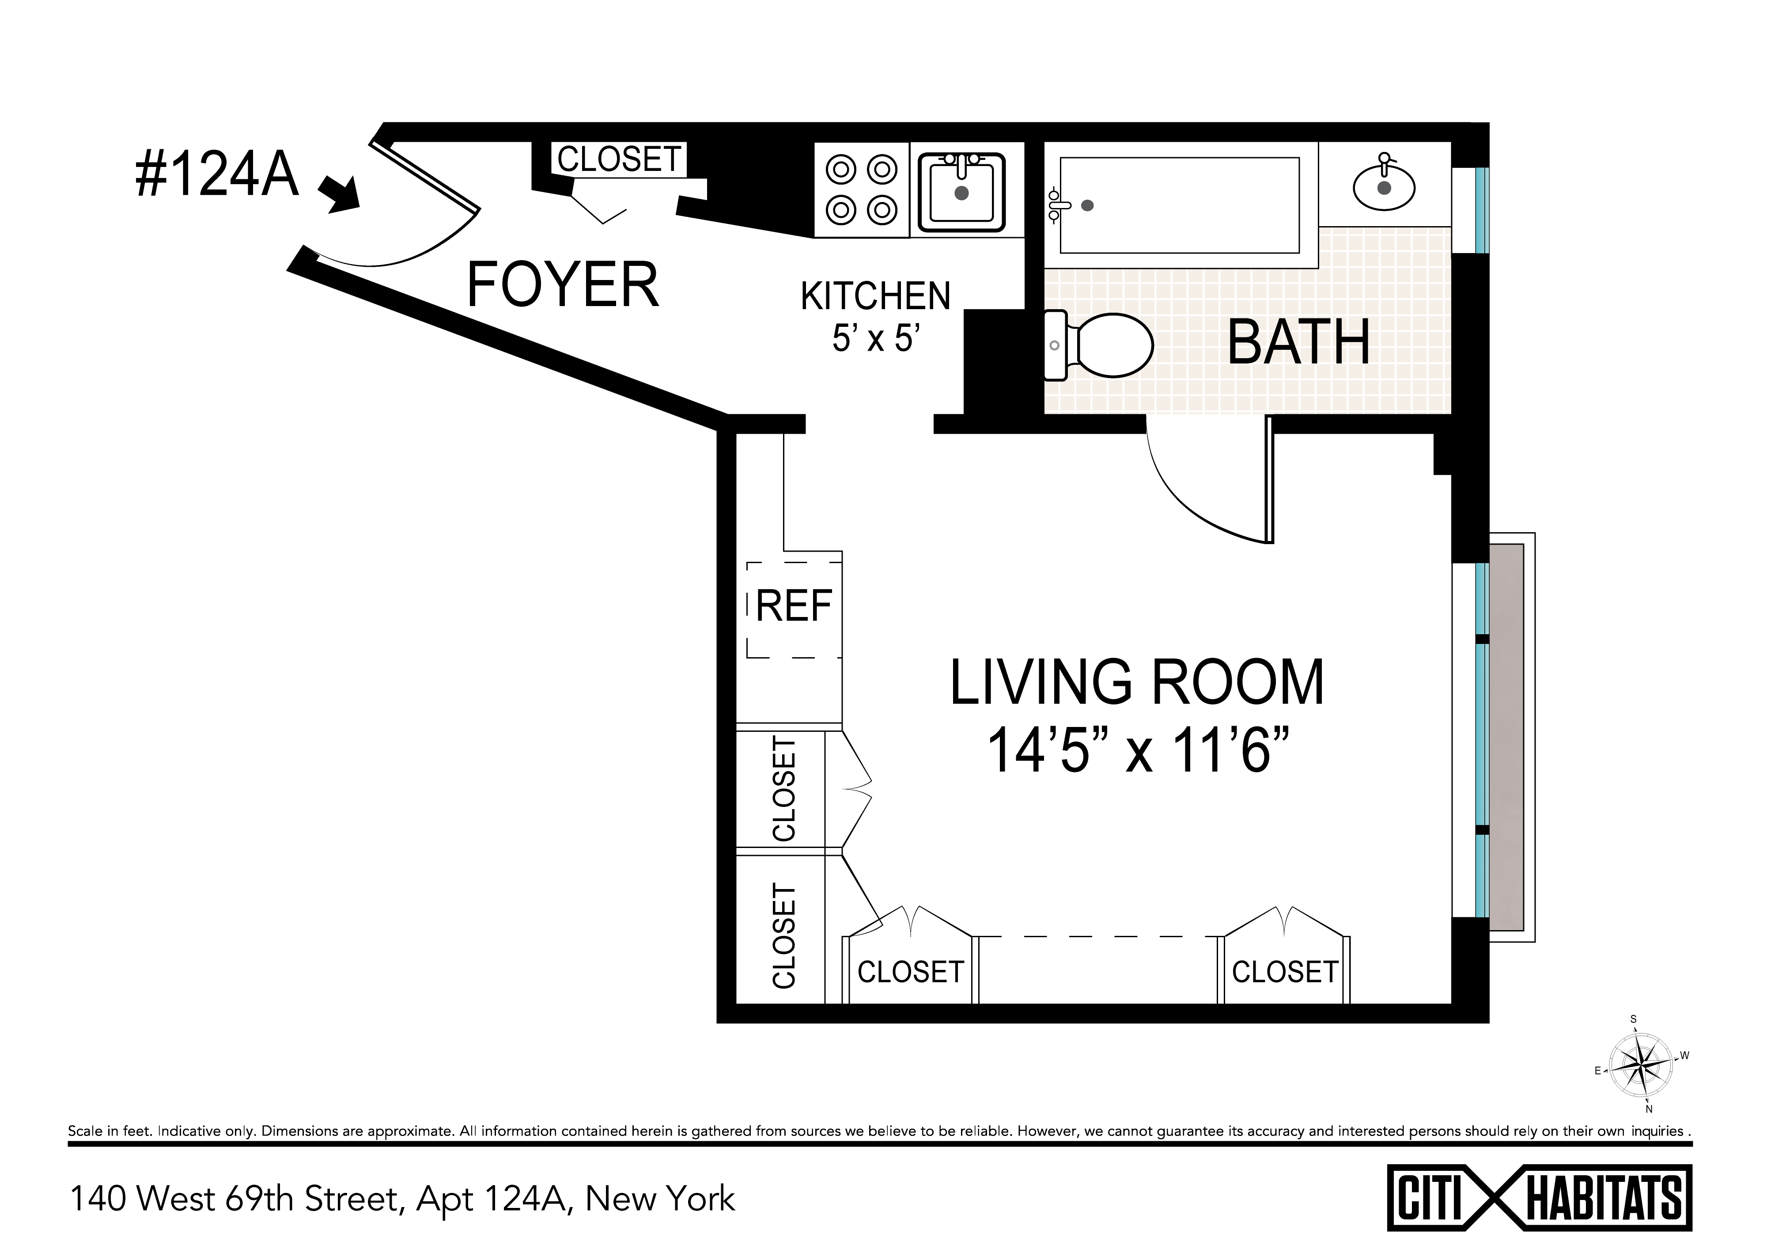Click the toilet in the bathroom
(1098, 345)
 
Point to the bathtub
(1180, 205)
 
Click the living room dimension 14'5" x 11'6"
(1138, 751)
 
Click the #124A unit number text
(216, 174)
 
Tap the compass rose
(1642, 1066)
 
